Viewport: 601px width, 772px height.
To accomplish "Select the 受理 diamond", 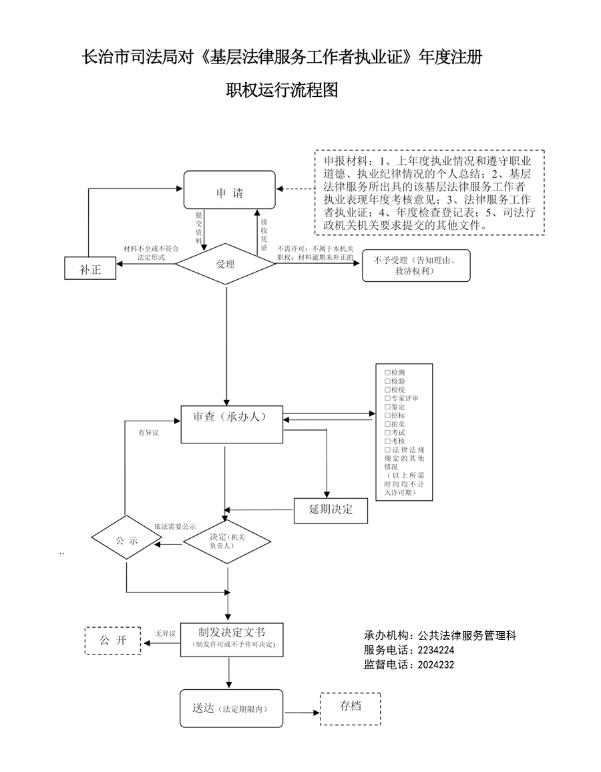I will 226,264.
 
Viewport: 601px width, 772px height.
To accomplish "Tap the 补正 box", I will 90,270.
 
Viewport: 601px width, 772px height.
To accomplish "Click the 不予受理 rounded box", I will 415,266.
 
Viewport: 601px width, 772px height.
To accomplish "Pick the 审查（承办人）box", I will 231,423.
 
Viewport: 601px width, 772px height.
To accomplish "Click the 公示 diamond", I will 126,541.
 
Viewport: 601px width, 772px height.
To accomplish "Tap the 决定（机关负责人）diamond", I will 228,541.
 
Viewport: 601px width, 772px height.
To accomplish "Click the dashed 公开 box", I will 113,640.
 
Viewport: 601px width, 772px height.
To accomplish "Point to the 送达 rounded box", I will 229,709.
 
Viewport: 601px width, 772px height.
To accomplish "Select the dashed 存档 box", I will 351,708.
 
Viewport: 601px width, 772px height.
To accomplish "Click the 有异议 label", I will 148,433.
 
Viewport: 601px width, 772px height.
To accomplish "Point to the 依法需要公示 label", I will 175,526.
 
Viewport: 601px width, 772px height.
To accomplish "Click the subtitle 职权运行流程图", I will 282,90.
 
